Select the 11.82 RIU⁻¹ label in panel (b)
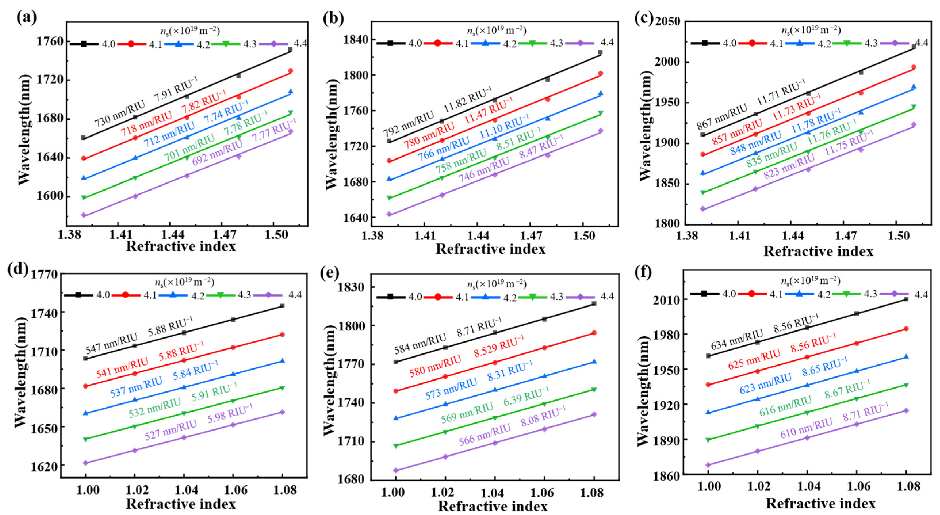(468, 99)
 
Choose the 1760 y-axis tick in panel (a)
(50, 42)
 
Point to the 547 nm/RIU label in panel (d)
(112, 343)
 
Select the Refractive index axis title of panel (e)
(492, 507)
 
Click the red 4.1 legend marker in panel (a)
(131, 44)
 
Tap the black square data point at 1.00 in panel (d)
(85, 358)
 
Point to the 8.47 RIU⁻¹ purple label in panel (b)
(541, 147)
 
